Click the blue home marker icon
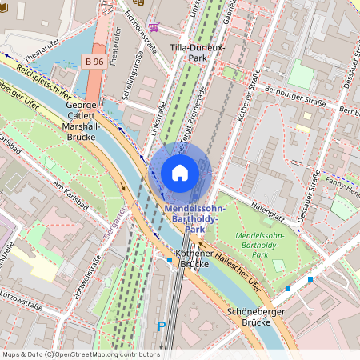pos(180,173)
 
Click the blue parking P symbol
pos(162,326)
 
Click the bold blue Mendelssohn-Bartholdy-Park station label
pos(195,218)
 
